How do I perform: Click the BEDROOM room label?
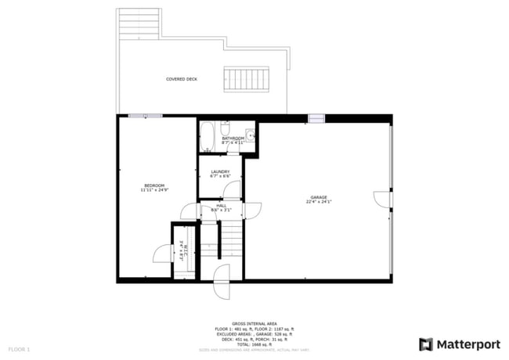[x=153, y=185]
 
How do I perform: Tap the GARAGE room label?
[x=318, y=197]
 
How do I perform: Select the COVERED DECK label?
[x=181, y=79]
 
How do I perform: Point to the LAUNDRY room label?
[x=219, y=171]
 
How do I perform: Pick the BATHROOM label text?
[x=233, y=139]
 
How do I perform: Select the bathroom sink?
[x=249, y=133]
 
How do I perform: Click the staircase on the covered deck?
[x=240, y=78]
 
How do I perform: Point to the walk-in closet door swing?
[x=161, y=252]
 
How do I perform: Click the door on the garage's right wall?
[x=382, y=199]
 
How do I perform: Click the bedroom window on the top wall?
[x=146, y=116]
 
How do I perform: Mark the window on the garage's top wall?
[x=316, y=119]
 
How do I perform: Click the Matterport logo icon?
[x=426, y=344]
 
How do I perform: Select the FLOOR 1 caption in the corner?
[x=19, y=348]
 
